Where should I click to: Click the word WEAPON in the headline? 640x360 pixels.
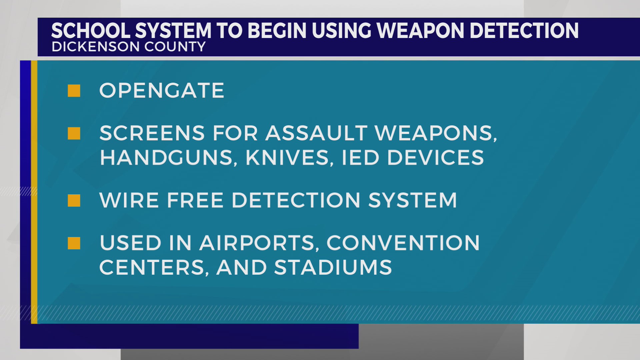(x=421, y=31)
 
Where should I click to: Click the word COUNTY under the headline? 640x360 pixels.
(x=175, y=47)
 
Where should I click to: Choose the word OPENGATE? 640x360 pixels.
(x=162, y=91)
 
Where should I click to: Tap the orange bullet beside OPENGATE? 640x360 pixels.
(x=74, y=91)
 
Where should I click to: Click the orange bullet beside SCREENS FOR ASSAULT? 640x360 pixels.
(x=74, y=133)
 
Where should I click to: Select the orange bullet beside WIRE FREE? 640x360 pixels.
(x=74, y=201)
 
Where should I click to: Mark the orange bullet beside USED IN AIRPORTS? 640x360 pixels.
(x=74, y=243)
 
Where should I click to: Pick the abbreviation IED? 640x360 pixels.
(x=360, y=158)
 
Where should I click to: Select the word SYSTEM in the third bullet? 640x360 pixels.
(x=412, y=201)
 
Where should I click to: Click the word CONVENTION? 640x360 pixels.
(x=403, y=243)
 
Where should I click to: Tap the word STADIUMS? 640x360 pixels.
(x=333, y=268)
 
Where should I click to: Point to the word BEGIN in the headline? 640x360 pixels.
(x=277, y=31)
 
